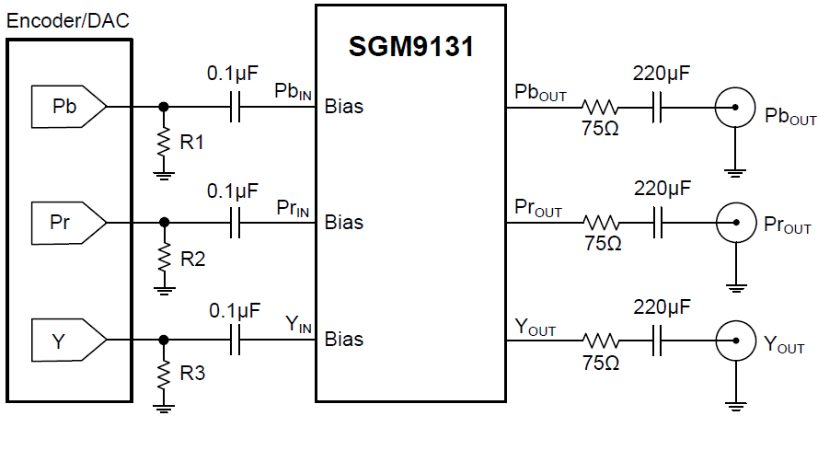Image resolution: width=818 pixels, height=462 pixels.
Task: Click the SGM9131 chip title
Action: click(x=411, y=47)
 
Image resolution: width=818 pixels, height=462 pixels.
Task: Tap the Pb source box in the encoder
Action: click(x=65, y=107)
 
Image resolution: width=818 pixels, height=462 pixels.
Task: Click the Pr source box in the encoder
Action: click(x=65, y=222)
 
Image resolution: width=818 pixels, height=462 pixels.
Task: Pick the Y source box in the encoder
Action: click(x=65, y=340)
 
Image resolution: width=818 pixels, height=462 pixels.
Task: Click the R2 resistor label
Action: click(x=192, y=259)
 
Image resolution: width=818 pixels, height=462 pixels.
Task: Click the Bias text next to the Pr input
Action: click(x=344, y=223)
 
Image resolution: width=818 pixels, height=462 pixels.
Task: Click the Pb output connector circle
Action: click(x=734, y=109)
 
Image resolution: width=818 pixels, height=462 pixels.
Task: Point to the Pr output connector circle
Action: click(x=734, y=224)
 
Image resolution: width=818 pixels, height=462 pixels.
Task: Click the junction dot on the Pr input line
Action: click(x=165, y=222)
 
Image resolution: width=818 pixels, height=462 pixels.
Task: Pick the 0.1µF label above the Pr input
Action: click(x=234, y=191)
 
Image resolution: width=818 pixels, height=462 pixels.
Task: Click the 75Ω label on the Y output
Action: click(x=601, y=363)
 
